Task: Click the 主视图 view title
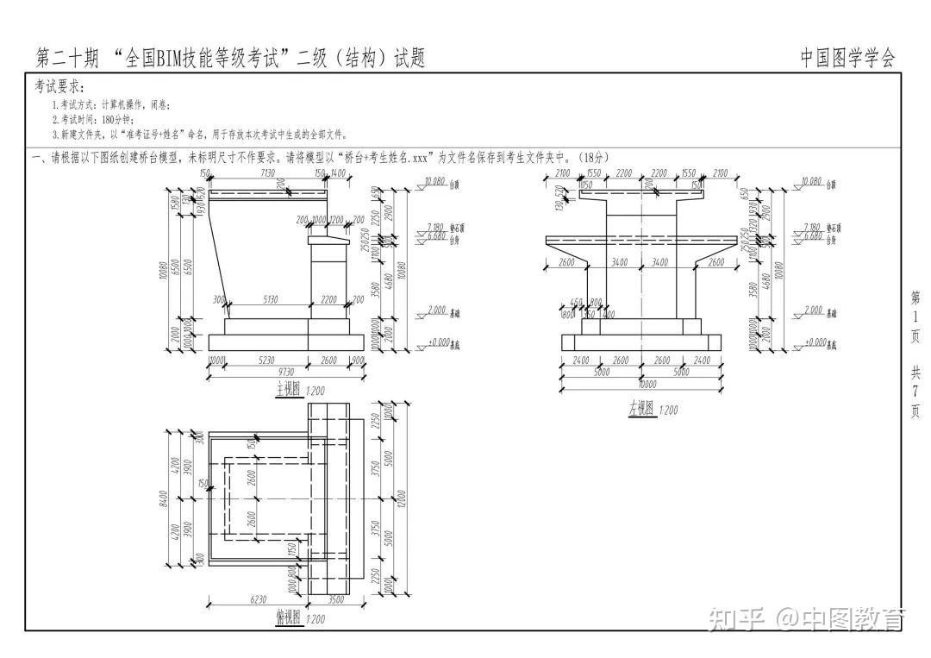pyautogui.click(x=287, y=390)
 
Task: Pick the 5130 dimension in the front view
pyautogui.click(x=270, y=299)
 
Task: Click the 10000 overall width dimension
pyautogui.click(x=641, y=385)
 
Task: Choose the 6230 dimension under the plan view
pyautogui.click(x=256, y=598)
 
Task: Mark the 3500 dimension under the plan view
pyautogui.click(x=337, y=598)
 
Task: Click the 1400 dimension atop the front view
pyautogui.click(x=338, y=173)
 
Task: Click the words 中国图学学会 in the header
pyautogui.click(x=847, y=58)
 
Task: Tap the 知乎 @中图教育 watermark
pyautogui.click(x=806, y=618)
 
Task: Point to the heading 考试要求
pyautogui.click(x=59, y=87)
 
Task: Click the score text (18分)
pyautogui.click(x=594, y=157)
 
